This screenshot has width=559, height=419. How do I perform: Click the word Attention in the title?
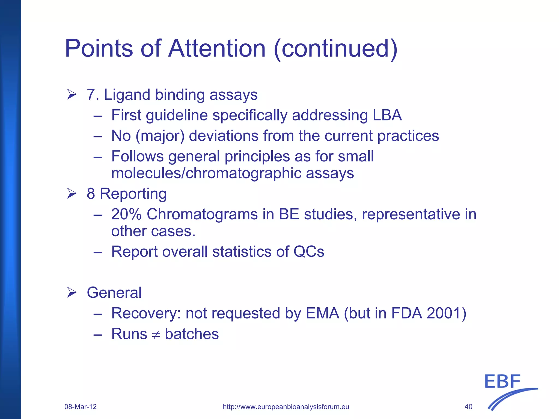(217, 48)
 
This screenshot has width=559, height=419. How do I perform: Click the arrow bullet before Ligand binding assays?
(72, 95)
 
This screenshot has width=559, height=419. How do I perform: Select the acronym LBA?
(387, 115)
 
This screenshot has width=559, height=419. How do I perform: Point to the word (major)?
(160, 136)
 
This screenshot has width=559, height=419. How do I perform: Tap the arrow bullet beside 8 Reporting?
(72, 194)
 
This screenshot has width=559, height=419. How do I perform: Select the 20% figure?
(126, 214)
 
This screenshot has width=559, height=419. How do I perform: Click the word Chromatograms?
(202, 214)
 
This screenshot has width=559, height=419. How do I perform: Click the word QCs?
(309, 251)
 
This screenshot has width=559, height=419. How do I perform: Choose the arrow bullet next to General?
(72, 293)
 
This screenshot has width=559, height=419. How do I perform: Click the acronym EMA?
(322, 313)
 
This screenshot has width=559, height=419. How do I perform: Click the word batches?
(192, 334)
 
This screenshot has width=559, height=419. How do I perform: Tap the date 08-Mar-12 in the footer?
(81, 407)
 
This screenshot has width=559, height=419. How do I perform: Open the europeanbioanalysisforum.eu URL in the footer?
(286, 407)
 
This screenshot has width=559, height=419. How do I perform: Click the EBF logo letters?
(502, 382)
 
